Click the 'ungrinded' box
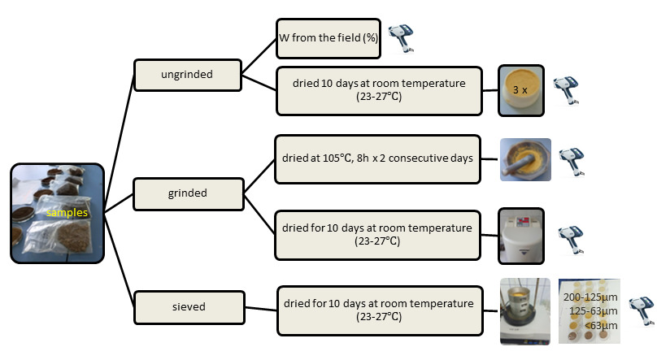188,75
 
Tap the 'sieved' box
188,307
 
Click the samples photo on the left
57,213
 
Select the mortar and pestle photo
524,158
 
